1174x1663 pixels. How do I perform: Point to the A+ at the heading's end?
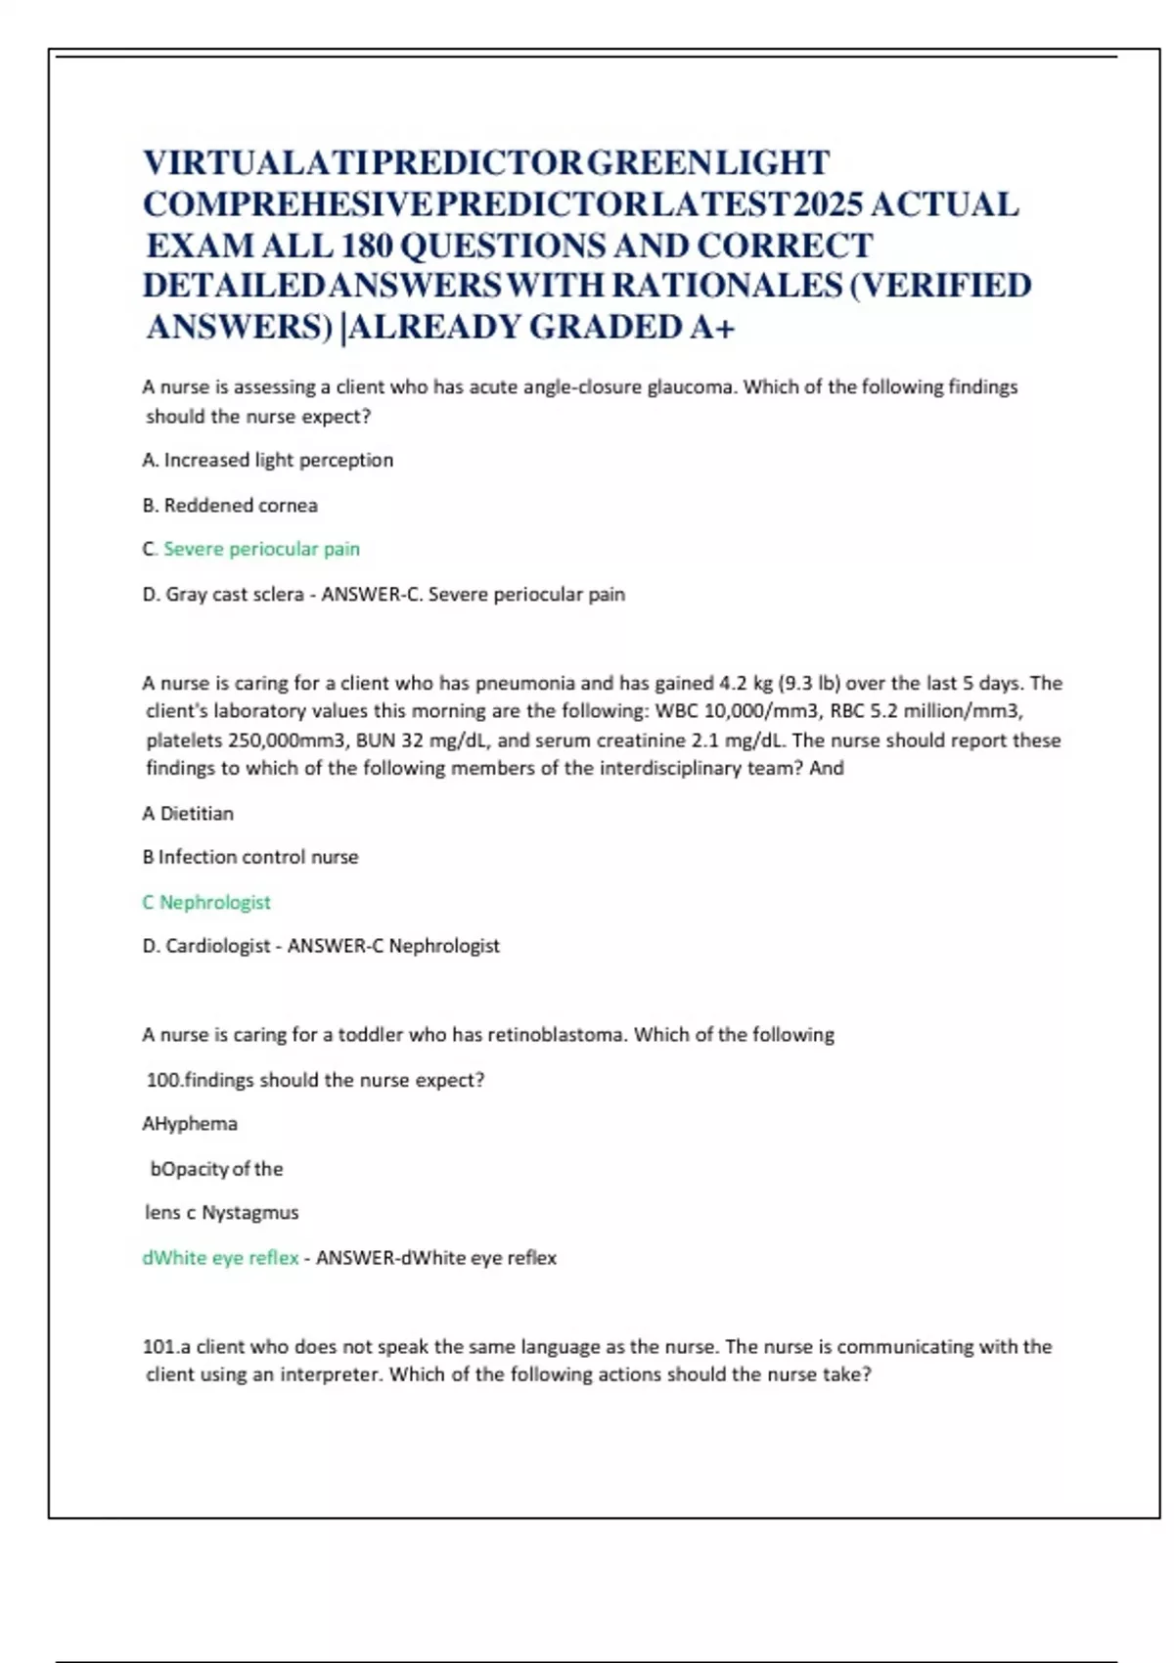pos(711,327)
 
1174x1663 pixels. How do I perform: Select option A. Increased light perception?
pos(267,460)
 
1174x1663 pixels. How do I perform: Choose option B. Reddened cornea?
pos(230,505)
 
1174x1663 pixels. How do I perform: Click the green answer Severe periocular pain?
pos(261,549)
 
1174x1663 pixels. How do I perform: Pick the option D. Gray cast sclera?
pos(222,594)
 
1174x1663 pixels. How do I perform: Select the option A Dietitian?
pos(188,813)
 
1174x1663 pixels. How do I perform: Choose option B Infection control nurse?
pos(250,857)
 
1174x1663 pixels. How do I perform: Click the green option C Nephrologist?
pos(206,902)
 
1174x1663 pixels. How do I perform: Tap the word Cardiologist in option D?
pos(217,946)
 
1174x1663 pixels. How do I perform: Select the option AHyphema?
pos(190,1123)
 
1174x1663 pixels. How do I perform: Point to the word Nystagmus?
pos(249,1212)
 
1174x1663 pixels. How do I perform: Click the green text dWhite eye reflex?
pos(220,1257)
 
